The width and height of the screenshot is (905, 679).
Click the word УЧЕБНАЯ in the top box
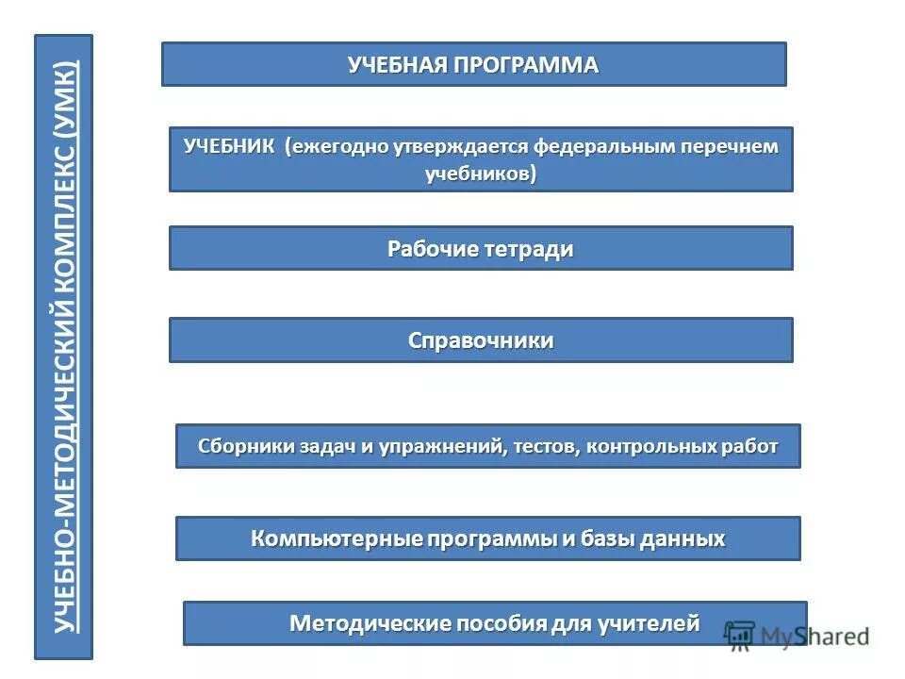(397, 65)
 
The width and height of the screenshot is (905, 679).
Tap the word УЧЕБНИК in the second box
(230, 147)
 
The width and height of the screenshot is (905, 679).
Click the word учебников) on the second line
(481, 174)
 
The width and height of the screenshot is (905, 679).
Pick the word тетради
(529, 249)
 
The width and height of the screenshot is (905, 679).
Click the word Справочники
(481, 340)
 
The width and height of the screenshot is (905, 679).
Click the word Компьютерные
(337, 539)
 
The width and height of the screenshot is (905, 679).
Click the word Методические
(370, 623)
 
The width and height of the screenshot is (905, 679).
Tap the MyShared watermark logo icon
(740, 634)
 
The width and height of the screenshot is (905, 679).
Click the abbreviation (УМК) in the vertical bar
(64, 92)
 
